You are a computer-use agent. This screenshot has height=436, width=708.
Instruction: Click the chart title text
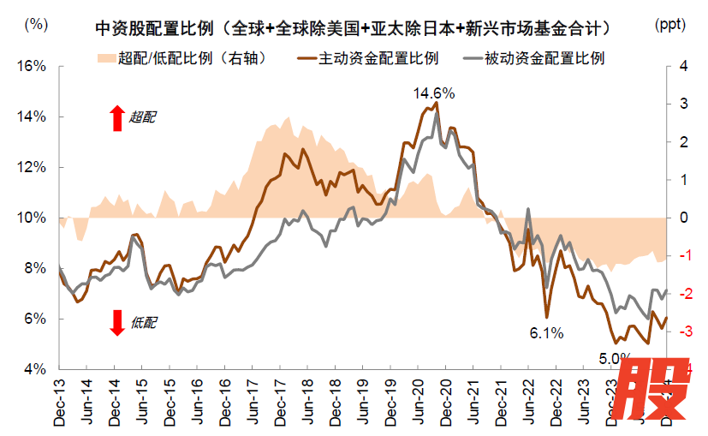point(354,28)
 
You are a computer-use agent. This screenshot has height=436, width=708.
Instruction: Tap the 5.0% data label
point(614,358)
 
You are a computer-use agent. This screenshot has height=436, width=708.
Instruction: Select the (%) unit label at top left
point(37,24)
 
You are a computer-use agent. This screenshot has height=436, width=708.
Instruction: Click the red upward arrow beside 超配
point(117,117)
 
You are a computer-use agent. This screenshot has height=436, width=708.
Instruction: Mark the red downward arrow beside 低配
point(117,322)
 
